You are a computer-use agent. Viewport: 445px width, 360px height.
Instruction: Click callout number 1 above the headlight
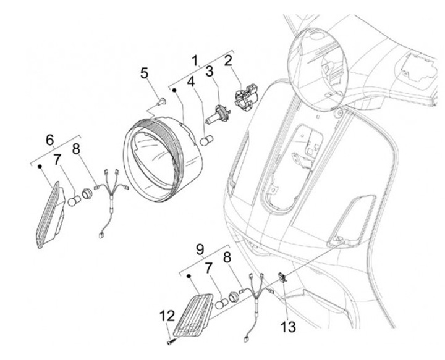195,61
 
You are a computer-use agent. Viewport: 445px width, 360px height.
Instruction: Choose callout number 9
199,249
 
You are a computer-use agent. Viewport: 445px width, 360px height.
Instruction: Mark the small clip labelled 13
282,277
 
